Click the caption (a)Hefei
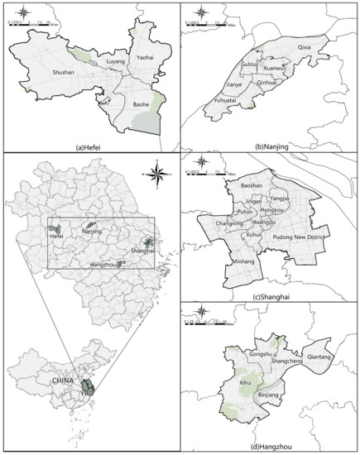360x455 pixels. coord(89,147)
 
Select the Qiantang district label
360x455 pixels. coord(322,357)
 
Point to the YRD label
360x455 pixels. coord(84,394)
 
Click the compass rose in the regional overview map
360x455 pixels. coord(161,172)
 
